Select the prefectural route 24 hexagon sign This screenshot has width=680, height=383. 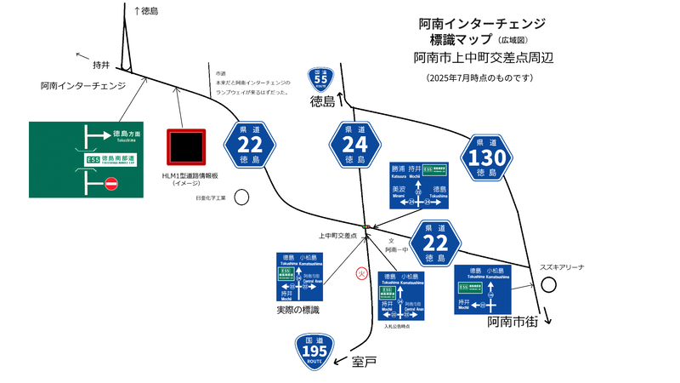pyautogui.click(x=354, y=146)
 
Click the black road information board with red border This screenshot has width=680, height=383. pyautogui.click(x=186, y=147)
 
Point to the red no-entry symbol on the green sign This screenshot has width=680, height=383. pyautogui.click(x=110, y=183)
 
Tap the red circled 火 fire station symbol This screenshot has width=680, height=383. pyautogui.click(x=360, y=273)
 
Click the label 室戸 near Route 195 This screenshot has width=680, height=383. pyautogui.click(x=364, y=363)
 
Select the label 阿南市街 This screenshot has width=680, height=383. pyautogui.click(x=515, y=324)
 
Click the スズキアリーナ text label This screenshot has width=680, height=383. pyautogui.click(x=562, y=266)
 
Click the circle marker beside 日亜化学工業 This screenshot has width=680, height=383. pyautogui.click(x=242, y=197)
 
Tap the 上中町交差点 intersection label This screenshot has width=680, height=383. pyautogui.click(x=337, y=235)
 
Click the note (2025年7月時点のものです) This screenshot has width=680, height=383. pyautogui.click(x=480, y=77)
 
